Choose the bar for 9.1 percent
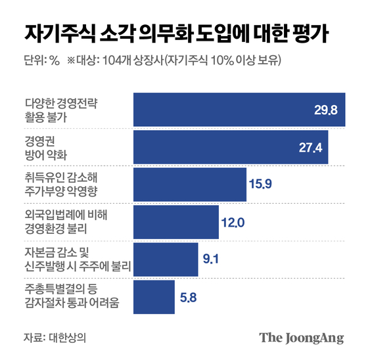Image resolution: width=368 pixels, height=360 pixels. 166,259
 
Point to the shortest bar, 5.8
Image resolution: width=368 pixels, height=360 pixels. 154,297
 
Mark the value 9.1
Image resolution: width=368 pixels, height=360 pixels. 212,259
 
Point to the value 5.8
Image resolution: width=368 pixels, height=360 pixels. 188,297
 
